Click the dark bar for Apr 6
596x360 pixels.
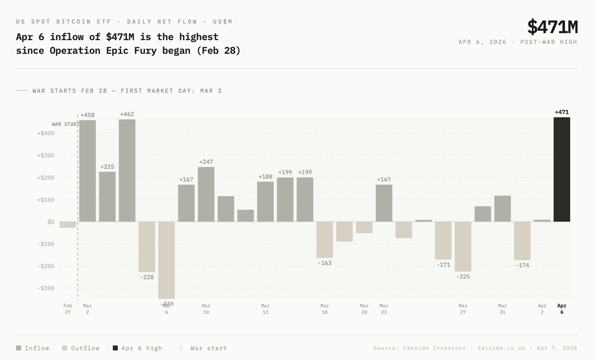pyautogui.click(x=562, y=169)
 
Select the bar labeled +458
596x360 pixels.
pyautogui.click(x=87, y=170)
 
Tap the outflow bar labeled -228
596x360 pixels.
pyautogui.click(x=147, y=247)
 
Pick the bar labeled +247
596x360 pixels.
pyautogui.click(x=206, y=194)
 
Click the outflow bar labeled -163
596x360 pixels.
pyautogui.click(x=325, y=239)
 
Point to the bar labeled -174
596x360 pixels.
pyautogui.click(x=522, y=241)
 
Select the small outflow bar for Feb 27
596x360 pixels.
pyautogui.click(x=68, y=224)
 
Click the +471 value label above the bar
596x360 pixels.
pyautogui.click(x=562, y=112)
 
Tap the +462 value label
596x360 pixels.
pyautogui.click(x=127, y=115)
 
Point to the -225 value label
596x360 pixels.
pyautogui.click(x=463, y=277)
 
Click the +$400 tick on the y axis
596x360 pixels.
pyautogui.click(x=45, y=133)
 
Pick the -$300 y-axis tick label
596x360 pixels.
pyautogui.click(x=45, y=288)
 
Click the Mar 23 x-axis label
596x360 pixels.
pyautogui.click(x=384, y=309)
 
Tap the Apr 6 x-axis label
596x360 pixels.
pyautogui.click(x=562, y=309)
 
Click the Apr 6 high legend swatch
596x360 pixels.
pyautogui.click(x=115, y=348)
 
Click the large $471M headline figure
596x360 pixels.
pyautogui.click(x=552, y=26)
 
